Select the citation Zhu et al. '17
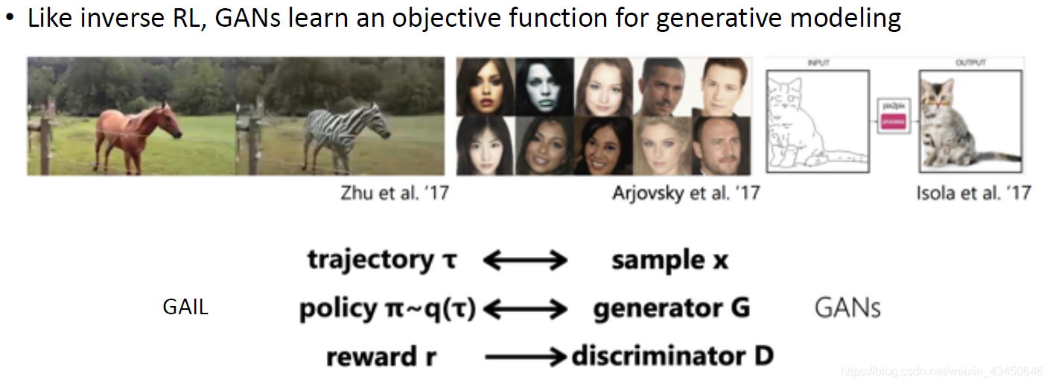pos(395,194)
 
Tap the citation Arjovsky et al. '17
pos(686,194)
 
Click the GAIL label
pos(185,307)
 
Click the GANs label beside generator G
pos(847,308)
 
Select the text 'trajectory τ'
pos(382,261)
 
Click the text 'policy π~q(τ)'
pos(387,308)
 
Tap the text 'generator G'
pos(671,308)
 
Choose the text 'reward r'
pos(381,357)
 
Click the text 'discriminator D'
pos(672,357)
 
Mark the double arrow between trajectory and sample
pos(525,261)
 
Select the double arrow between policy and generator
pos(525,308)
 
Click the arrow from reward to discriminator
pos(525,357)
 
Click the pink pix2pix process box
pos(894,120)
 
